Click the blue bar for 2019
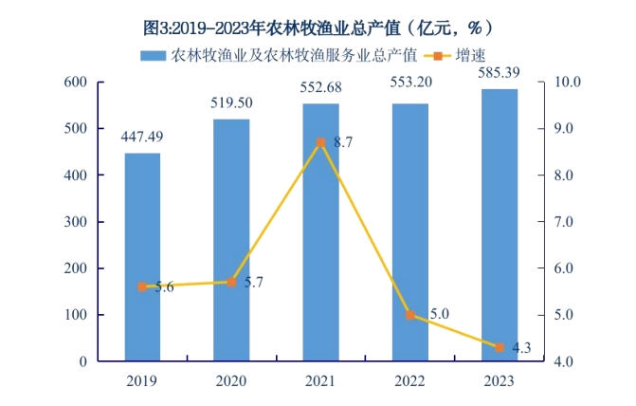click(142, 256)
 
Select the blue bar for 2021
click(320, 232)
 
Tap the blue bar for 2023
click(500, 225)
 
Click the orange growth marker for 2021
click(320, 142)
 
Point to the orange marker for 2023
click(500, 348)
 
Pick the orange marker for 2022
click(410, 315)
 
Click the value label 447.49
click(142, 138)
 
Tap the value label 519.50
click(231, 103)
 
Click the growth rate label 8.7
click(343, 143)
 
